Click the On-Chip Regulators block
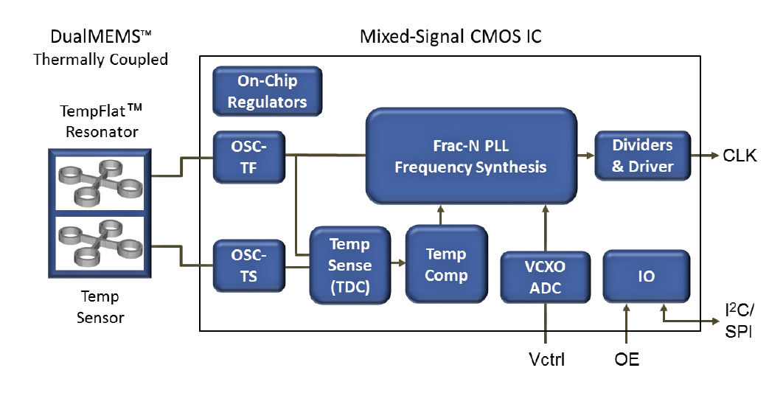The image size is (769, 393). pos(268,91)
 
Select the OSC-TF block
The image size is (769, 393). pos(248,157)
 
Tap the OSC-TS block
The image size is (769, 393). pos(248,266)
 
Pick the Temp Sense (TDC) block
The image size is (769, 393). pos(349,265)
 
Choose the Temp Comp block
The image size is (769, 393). pos(446,264)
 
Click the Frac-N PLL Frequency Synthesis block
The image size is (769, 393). pos(471,156)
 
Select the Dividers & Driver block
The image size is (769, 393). pos(642,156)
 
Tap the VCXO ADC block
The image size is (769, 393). pos(545,277)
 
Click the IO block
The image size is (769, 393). pos(647,277)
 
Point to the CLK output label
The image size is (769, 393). pos(740,156)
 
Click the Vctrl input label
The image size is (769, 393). pos(547,360)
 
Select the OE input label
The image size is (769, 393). pos(626,360)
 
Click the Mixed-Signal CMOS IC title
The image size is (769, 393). pos(450,37)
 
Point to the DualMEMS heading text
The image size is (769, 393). pos(100,36)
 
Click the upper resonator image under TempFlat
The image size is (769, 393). pos(100,184)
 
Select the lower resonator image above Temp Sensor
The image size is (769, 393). pos(100,243)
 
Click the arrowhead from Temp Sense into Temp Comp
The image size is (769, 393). pos(402,263)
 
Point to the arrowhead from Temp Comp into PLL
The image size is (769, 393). pos(440,209)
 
